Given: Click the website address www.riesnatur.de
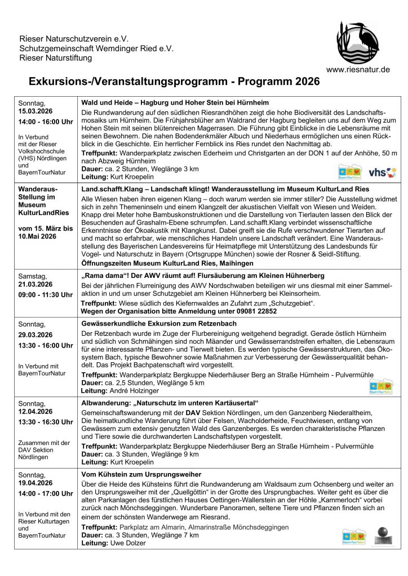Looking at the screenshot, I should (x=358, y=70).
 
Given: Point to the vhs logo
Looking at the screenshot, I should (x=382, y=172).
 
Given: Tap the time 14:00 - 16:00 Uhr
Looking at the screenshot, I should (x=46, y=122).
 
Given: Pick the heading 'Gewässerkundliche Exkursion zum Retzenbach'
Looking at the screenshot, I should (x=159, y=323).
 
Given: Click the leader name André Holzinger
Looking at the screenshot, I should (x=134, y=390).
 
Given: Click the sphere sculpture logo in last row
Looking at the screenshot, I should (x=382, y=535).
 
